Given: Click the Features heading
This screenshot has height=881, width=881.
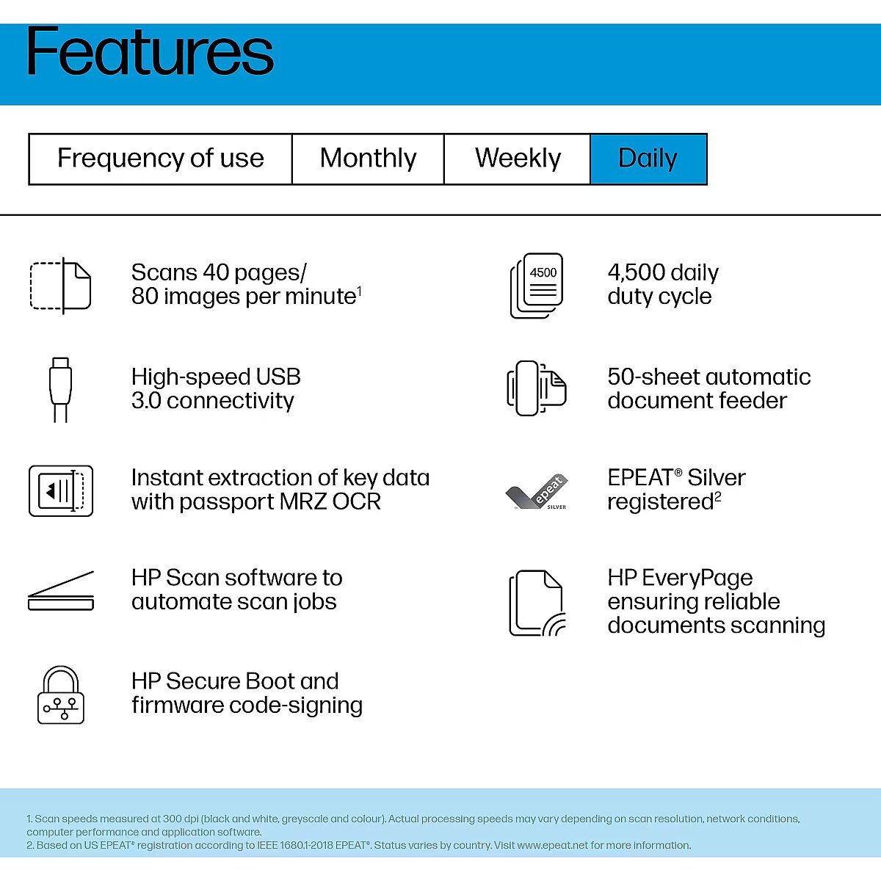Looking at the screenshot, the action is coord(150,51).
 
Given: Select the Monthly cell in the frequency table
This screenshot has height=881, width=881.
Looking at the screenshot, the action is coord(368,159).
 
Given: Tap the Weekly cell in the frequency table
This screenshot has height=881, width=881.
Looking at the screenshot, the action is coord(517,159).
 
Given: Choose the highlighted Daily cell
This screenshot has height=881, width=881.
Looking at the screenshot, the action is coord(648,159).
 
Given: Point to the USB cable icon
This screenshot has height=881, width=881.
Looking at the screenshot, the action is coord(60,390).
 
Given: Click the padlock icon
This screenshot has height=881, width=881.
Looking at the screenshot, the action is coord(61,695).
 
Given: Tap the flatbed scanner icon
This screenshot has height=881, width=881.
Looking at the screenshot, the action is coord(61,591).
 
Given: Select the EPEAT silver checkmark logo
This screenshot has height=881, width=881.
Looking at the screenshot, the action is coord(537,491).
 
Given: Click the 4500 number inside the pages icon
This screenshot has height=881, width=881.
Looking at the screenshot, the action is coord(543,272).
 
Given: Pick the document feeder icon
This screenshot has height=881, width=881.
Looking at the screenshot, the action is coord(537,388).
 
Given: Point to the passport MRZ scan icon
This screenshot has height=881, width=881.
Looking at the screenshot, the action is coord(61,491).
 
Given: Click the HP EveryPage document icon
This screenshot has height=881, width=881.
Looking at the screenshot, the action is coord(537,603).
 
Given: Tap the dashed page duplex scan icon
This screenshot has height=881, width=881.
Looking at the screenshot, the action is coord(61,286).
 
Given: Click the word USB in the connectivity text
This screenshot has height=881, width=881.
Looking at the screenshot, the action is coord(278,377).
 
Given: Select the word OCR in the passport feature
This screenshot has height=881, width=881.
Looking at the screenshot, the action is coord(357,501).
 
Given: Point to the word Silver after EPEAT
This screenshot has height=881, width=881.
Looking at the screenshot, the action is coord(717,478).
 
